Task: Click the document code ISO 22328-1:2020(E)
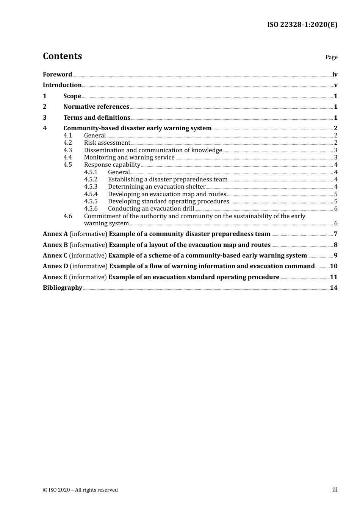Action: (x=302, y=25)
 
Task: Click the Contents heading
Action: (x=62, y=56)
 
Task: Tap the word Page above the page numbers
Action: (x=331, y=57)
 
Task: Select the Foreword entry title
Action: (x=57, y=75)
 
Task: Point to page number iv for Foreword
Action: (x=335, y=75)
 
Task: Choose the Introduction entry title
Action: (x=62, y=85)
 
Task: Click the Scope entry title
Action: (x=72, y=96)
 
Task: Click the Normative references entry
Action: (x=96, y=107)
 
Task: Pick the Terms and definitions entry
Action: (x=97, y=118)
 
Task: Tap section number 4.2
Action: (x=67, y=143)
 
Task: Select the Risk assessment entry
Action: (x=107, y=143)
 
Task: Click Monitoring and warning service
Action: (x=129, y=158)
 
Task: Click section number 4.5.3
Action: (x=91, y=187)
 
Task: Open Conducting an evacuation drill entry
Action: (x=151, y=209)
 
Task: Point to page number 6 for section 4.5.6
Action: (x=336, y=209)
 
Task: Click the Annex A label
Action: (x=55, y=234)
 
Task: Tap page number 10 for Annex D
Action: (x=333, y=266)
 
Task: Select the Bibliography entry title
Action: (x=63, y=288)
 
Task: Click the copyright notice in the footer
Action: (x=80, y=490)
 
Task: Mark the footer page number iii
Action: (x=335, y=490)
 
